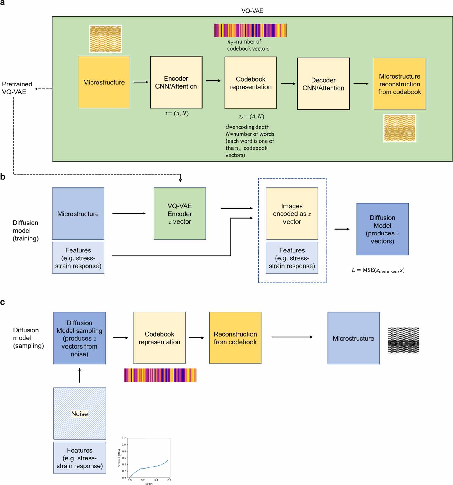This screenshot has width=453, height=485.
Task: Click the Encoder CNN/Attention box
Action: coord(176,82)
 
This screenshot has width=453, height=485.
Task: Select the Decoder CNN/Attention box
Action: coord(323,84)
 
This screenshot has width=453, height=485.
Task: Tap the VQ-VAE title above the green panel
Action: coord(252,11)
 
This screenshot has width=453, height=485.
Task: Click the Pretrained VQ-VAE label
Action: coord(17,88)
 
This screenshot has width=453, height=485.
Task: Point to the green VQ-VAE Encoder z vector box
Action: coord(180,214)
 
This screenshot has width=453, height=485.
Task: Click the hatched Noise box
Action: coord(79,413)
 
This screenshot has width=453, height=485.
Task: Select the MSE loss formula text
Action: coord(378,270)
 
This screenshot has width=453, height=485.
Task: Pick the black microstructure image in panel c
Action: coord(403,340)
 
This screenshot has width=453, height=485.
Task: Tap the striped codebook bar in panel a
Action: coord(250,31)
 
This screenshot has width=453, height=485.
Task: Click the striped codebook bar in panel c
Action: coord(160,375)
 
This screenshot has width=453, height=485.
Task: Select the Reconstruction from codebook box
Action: coord(235,338)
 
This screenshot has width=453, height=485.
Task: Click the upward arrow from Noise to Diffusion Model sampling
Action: coord(79,375)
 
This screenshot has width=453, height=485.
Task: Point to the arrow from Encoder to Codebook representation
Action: coord(213,81)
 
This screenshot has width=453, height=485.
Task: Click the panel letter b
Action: coord(3,177)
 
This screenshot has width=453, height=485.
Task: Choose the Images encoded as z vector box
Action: coord(292,214)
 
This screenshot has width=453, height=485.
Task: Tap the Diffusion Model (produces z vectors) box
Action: coord(382,229)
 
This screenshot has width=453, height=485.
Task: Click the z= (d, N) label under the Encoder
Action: coord(177,113)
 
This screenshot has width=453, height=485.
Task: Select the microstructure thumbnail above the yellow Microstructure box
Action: coord(106,39)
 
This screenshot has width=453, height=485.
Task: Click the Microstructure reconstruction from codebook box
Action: coord(400,84)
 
